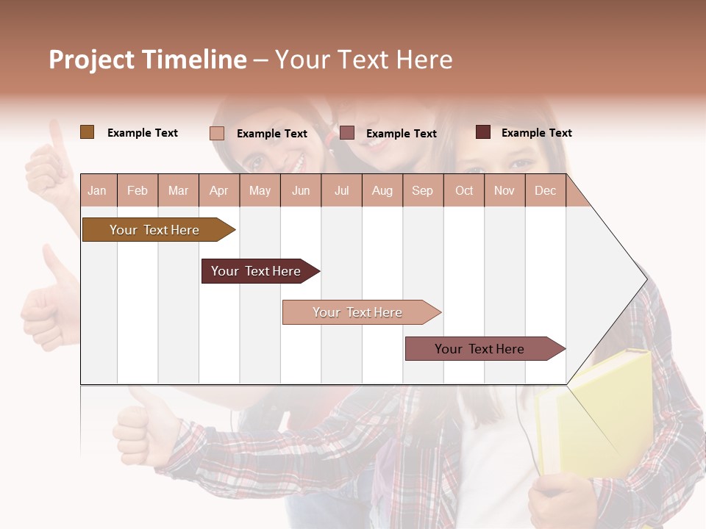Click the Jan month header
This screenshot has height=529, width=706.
[97, 191]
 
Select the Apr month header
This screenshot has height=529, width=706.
[219, 191]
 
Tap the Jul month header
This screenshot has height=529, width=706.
[341, 191]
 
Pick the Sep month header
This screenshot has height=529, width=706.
[422, 191]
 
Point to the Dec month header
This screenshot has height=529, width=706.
[545, 191]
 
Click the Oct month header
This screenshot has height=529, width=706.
[464, 191]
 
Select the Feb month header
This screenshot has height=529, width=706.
[138, 191]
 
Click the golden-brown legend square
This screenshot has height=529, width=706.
[87, 132]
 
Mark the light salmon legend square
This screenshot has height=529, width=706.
[217, 133]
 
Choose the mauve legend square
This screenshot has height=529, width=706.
[347, 133]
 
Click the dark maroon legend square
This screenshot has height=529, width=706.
[483, 132]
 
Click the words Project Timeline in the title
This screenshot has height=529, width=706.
[148, 60]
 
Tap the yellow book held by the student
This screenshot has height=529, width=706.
[596, 411]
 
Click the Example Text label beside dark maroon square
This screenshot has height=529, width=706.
[536, 133]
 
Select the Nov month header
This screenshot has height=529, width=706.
[504, 191]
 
